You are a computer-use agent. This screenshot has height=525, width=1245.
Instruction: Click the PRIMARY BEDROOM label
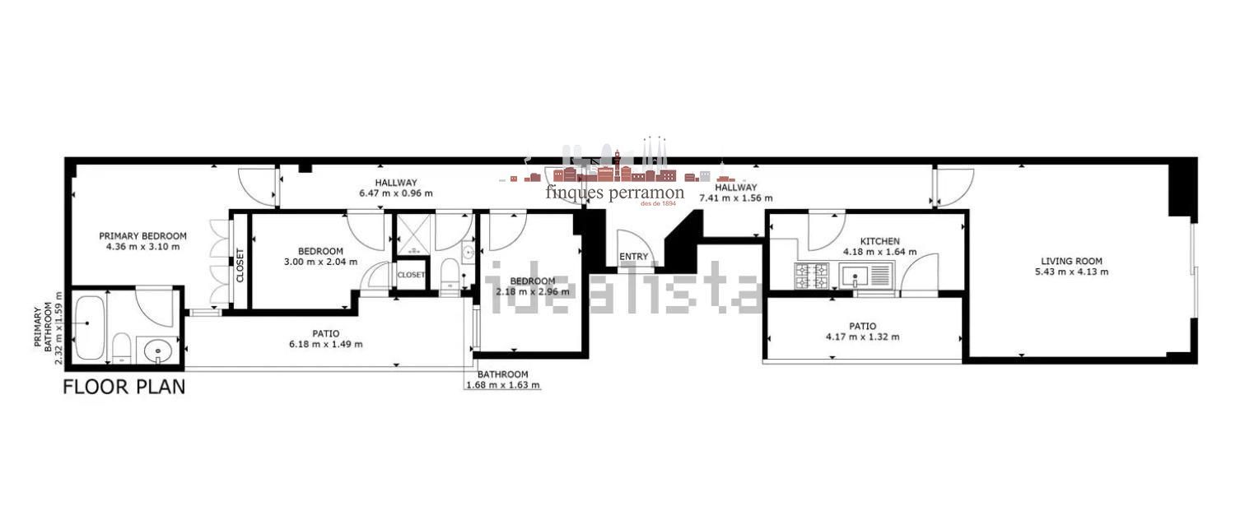click(x=142, y=236)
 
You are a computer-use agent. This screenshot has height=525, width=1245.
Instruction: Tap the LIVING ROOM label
click(x=1071, y=261)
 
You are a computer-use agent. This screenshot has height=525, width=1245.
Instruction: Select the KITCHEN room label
click(x=880, y=241)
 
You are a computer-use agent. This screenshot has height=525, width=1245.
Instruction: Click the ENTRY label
click(x=634, y=257)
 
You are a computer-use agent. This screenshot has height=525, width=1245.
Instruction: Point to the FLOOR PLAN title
click(x=124, y=388)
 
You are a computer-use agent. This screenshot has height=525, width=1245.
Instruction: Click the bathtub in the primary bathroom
click(x=90, y=328)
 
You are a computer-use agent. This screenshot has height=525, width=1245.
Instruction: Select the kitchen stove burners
click(x=812, y=276)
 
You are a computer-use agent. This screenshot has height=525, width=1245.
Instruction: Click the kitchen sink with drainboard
click(x=866, y=276)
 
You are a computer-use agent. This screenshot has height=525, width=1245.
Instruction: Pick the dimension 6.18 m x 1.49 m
click(x=326, y=345)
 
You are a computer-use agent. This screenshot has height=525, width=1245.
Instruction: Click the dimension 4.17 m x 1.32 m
click(x=863, y=337)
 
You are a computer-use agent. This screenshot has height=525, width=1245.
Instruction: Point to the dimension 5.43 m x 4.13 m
click(x=1071, y=272)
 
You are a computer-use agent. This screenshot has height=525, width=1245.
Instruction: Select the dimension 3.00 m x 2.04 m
click(x=320, y=262)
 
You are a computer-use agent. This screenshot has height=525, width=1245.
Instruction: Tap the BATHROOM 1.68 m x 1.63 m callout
click(x=502, y=380)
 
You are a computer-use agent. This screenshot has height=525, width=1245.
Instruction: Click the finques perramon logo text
click(x=615, y=193)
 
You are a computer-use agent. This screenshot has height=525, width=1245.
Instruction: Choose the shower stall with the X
click(x=414, y=235)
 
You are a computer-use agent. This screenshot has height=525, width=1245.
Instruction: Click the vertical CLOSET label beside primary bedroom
click(x=240, y=265)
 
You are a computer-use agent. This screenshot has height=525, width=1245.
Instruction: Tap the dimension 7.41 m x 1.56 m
click(x=736, y=198)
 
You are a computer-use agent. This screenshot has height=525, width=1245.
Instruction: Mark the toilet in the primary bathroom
click(x=121, y=348)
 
